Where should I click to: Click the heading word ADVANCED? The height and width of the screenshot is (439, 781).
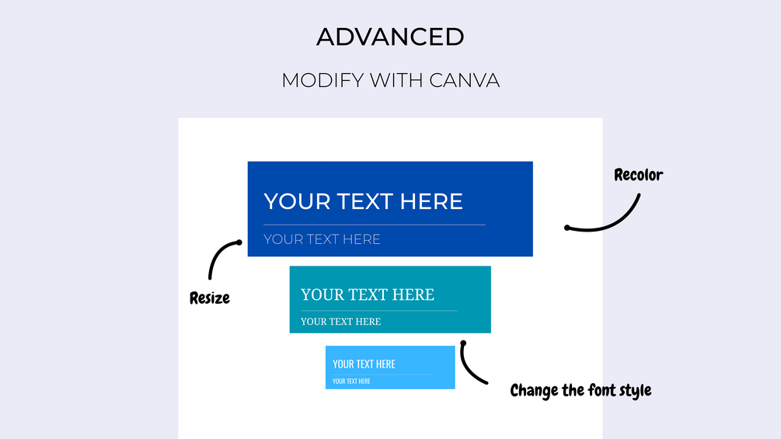point(390,37)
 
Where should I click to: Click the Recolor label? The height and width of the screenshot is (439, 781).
point(638,175)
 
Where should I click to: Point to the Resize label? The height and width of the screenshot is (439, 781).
point(210,298)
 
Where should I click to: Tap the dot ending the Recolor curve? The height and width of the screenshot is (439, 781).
point(567,228)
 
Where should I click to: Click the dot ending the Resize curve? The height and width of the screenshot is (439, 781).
point(239,242)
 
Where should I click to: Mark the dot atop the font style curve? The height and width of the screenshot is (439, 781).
point(463,343)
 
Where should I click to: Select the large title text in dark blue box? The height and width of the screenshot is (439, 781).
point(363,201)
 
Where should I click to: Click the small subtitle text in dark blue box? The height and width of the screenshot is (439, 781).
point(322,239)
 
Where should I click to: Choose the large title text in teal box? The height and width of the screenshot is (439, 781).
point(368,294)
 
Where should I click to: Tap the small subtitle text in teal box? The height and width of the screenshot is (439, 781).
point(340,322)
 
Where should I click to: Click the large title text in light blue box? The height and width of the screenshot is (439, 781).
point(364,364)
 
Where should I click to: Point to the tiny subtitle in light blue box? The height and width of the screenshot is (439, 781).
point(351,382)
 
